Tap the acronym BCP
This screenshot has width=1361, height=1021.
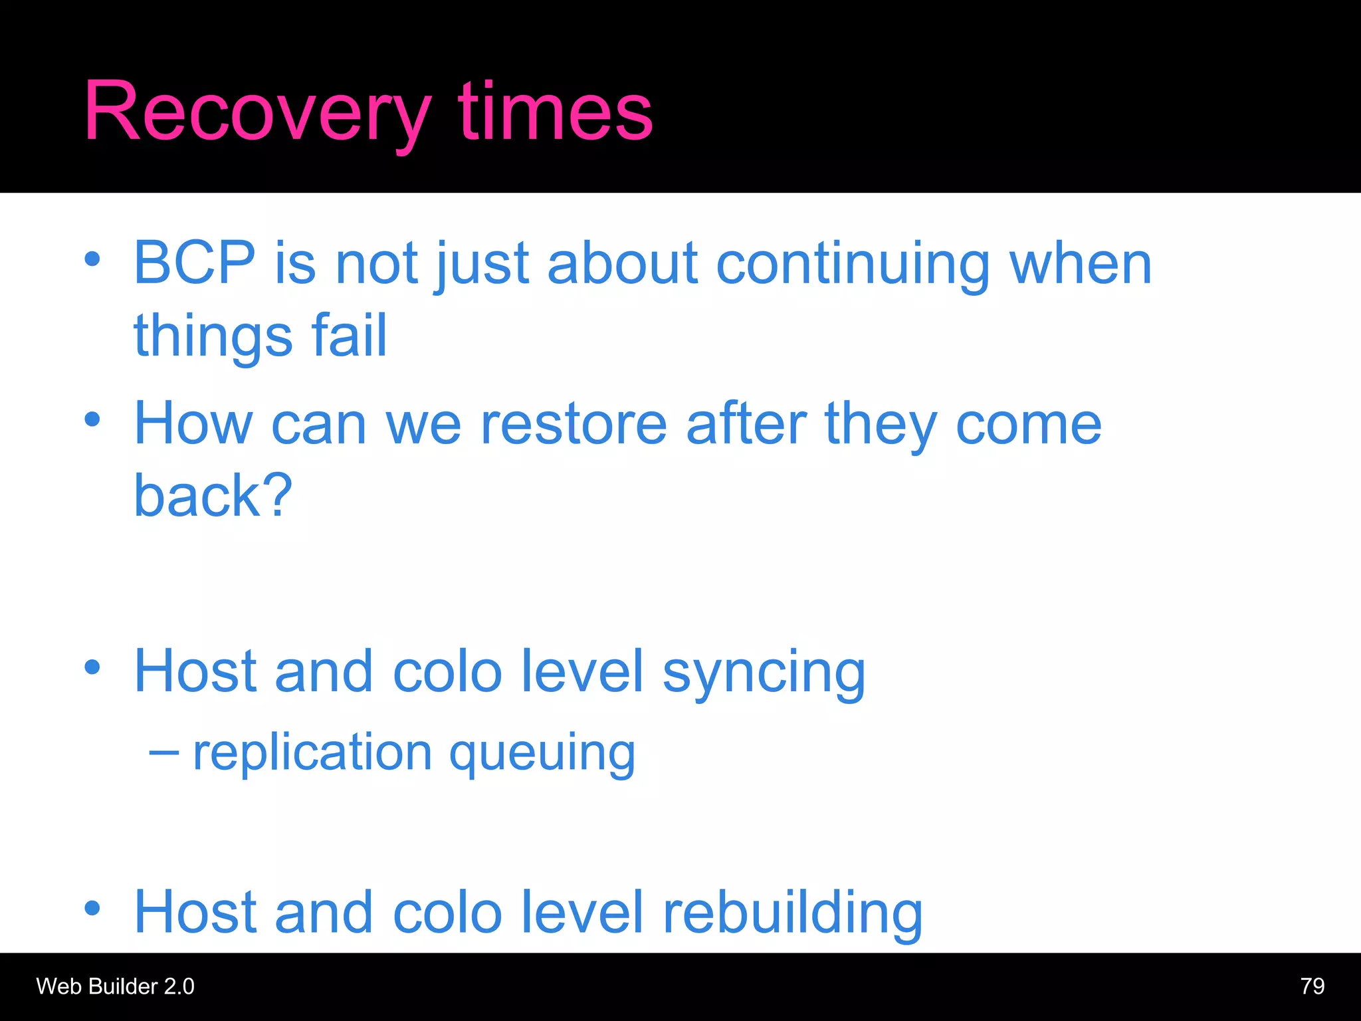(x=195, y=264)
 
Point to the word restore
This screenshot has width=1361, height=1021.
(x=573, y=425)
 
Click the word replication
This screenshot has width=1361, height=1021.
(x=312, y=753)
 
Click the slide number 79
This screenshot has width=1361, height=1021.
(x=1312, y=986)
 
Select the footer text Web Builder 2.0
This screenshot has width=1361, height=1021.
(x=115, y=986)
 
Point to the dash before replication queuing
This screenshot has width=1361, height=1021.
(x=163, y=753)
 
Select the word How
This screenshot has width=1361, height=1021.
(x=193, y=425)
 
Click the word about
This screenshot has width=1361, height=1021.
(x=622, y=265)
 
